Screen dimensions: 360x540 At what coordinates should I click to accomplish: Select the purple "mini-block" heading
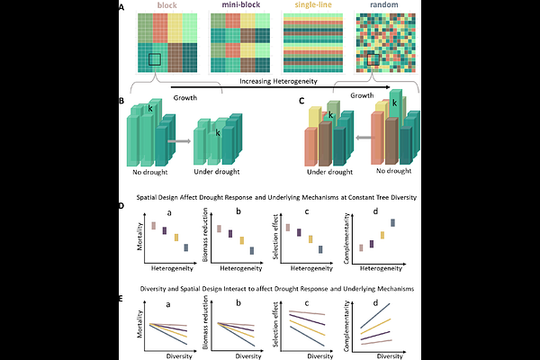pyautogui.click(x=240, y=6)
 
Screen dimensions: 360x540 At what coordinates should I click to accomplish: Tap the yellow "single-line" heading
pyautogui.click(x=311, y=6)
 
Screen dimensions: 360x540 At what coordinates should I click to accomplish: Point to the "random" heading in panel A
pyautogui.click(x=383, y=6)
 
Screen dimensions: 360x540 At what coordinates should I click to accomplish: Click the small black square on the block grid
pyautogui.click(x=155, y=58)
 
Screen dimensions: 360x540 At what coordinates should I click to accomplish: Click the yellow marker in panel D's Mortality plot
pyautogui.click(x=175, y=238)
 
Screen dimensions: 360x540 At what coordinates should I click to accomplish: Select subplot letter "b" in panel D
pyautogui.click(x=238, y=211)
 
